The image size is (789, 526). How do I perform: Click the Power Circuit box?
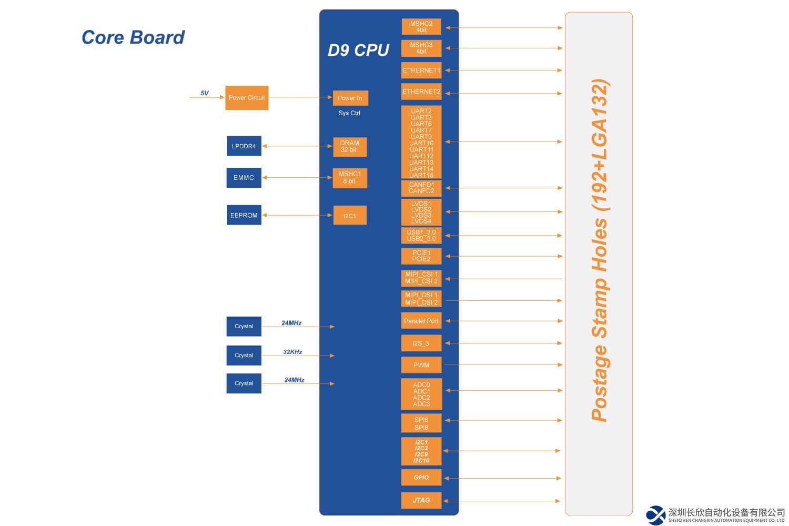(x=247, y=98)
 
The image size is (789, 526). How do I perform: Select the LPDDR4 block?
(x=244, y=146)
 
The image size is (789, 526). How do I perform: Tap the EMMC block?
(x=244, y=178)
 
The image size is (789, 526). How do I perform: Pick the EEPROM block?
(x=244, y=215)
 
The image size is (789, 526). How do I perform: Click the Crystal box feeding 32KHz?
(x=244, y=356)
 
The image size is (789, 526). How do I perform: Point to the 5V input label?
(x=205, y=93)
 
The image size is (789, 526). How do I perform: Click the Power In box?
(x=350, y=98)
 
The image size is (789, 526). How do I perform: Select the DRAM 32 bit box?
(x=350, y=147)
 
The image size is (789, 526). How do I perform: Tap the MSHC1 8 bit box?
(x=350, y=178)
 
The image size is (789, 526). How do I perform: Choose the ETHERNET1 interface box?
(x=421, y=70)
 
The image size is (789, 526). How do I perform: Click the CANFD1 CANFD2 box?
(x=421, y=188)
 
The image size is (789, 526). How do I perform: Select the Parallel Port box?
(x=421, y=321)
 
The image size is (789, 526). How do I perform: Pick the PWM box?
(x=421, y=365)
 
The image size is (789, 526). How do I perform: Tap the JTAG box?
(x=421, y=500)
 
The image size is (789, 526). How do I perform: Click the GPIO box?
(x=421, y=478)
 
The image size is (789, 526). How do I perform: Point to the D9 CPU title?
(x=358, y=50)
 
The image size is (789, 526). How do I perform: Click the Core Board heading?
(x=133, y=37)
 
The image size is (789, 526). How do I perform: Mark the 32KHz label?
(x=292, y=352)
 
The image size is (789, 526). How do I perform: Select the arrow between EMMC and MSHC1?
(x=297, y=178)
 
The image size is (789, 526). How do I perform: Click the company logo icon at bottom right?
(x=656, y=515)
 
